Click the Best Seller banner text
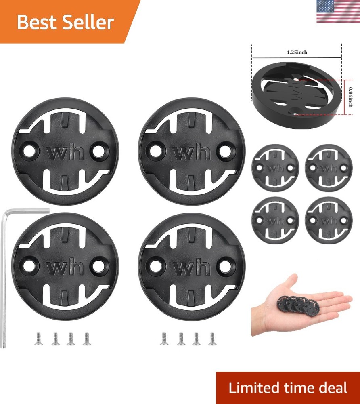point(65,22)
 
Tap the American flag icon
point(338,11)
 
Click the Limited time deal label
point(288,388)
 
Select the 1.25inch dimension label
point(297,53)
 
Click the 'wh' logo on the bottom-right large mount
point(191,267)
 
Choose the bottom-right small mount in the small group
point(329,221)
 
